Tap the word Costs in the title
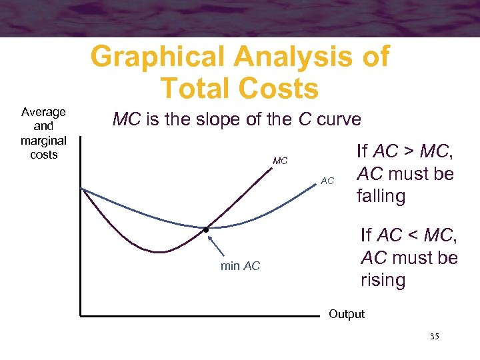(x=273, y=88)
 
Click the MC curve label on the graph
(x=280, y=161)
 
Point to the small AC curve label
(x=327, y=181)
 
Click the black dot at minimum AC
(x=206, y=230)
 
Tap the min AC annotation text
(x=240, y=267)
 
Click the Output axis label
(x=347, y=314)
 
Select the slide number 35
(x=434, y=337)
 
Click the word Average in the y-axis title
(x=43, y=112)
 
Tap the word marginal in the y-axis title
(x=43, y=140)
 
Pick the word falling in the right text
(x=381, y=196)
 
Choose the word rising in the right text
(x=383, y=280)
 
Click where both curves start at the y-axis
(x=81, y=188)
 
